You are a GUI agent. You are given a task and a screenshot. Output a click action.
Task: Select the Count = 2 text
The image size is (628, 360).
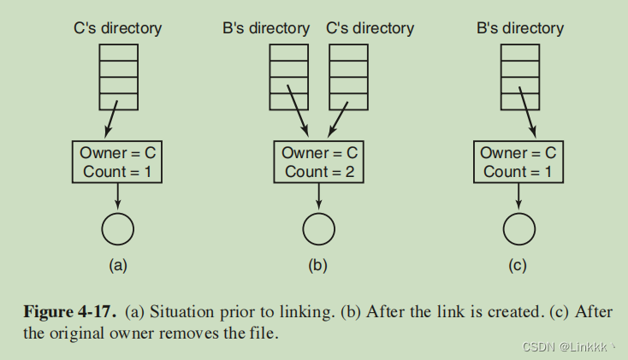[319, 171]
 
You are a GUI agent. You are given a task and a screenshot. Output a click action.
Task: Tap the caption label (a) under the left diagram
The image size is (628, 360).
[118, 265]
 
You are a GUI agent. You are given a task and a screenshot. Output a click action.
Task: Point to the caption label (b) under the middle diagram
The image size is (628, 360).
[318, 265]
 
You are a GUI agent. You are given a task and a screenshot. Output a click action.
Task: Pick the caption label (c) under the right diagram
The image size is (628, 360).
[518, 265]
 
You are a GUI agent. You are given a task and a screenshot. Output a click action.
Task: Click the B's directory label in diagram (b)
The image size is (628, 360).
[266, 28]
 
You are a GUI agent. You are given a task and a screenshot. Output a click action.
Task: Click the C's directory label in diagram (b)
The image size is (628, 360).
[370, 28]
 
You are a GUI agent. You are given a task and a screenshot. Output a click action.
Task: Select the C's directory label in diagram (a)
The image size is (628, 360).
[118, 28]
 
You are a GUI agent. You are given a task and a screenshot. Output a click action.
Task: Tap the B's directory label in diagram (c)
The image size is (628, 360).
[519, 28]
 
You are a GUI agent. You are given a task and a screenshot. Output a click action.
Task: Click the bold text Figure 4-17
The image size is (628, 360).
[69, 312]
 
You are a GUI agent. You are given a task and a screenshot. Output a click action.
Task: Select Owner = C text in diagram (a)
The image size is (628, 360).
[118, 153]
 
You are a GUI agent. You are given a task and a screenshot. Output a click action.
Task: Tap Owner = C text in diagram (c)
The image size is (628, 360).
[518, 153]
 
